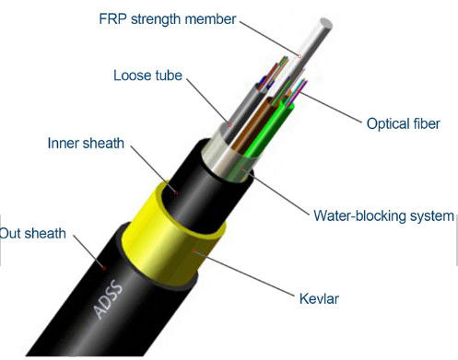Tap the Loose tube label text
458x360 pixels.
pos(148,75)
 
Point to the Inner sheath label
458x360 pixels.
pos(87,145)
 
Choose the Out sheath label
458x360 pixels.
pos(34,233)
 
